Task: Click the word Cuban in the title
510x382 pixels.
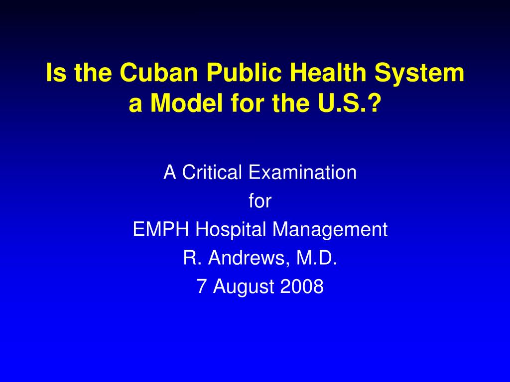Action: [x=159, y=72]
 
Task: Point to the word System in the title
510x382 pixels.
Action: [x=419, y=73]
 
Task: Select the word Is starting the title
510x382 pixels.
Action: [x=56, y=72]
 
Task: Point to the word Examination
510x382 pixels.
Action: [x=302, y=172]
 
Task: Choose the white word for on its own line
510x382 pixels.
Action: [x=260, y=200]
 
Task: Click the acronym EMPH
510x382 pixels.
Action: [x=161, y=229]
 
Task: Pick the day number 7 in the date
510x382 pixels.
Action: [x=202, y=286]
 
